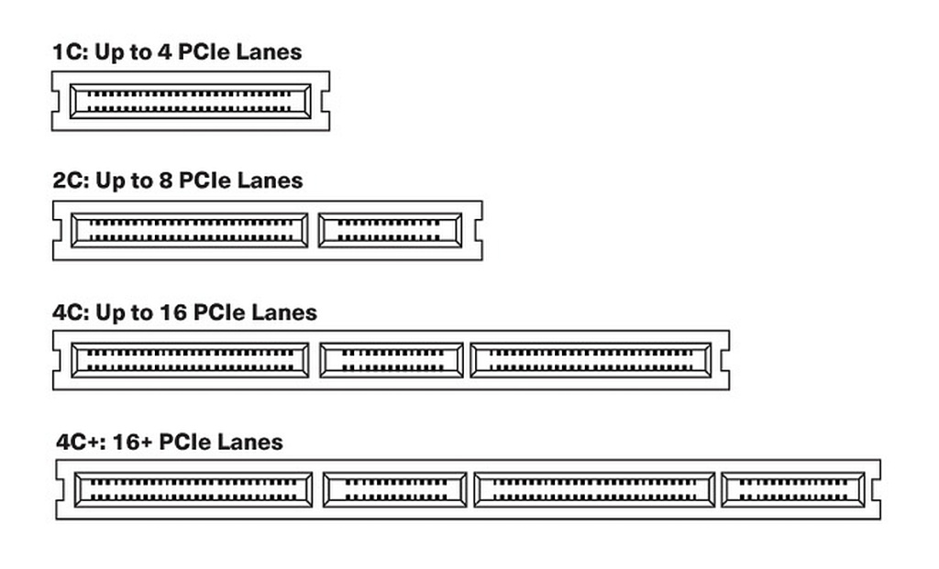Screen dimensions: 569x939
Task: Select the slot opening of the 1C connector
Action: (x=191, y=101)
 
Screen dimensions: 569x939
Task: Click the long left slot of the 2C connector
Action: (x=190, y=230)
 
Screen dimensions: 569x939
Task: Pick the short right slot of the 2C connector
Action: (x=391, y=230)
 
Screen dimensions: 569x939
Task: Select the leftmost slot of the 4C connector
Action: (x=190, y=360)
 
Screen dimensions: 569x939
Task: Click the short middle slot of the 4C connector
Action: (x=392, y=360)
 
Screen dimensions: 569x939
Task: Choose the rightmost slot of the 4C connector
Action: (x=591, y=360)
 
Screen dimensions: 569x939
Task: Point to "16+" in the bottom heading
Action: (x=132, y=443)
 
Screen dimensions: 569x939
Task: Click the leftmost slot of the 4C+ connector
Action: (x=193, y=490)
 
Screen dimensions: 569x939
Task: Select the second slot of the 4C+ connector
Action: (x=394, y=490)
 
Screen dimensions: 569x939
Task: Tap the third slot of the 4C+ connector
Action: (x=594, y=490)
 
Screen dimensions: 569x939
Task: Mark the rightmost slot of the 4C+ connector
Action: (x=793, y=490)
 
